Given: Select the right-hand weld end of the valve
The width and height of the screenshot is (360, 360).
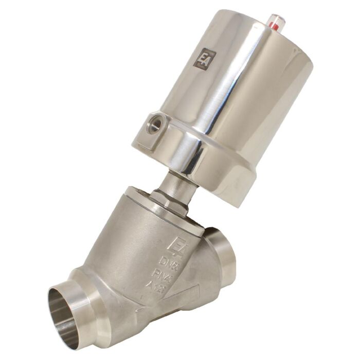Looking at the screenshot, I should tap(225, 252).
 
